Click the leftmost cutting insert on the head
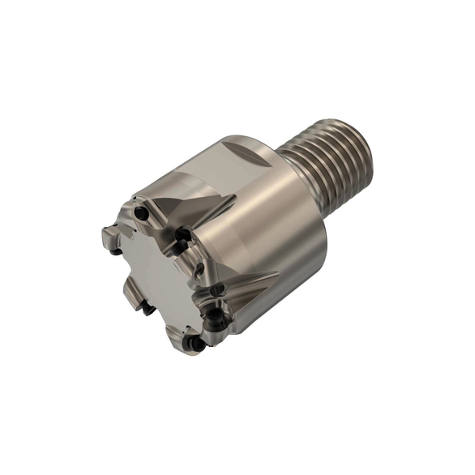pyautogui.click(x=110, y=238)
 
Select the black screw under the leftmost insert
pyautogui.click(x=117, y=251)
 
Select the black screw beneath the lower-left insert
pyautogui.click(x=147, y=309)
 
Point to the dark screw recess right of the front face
pyautogui.click(x=186, y=236)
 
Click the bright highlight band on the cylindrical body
pyautogui.click(x=267, y=203)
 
